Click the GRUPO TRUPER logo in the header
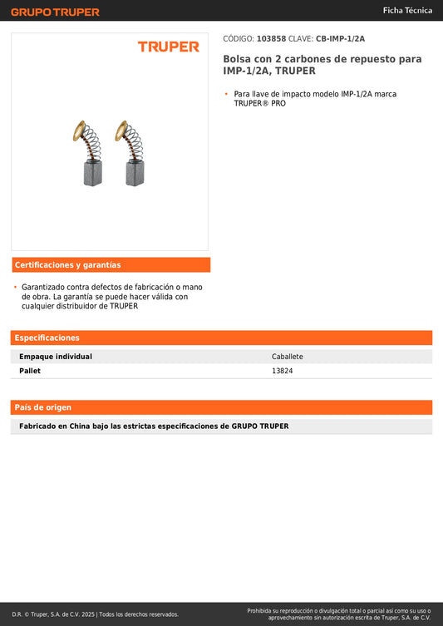pos(55,12)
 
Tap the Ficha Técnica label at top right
pos(407,10)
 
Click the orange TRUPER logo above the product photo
pos(169,47)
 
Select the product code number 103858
pos(271,38)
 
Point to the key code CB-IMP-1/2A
pos(340,38)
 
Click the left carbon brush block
pos(92,174)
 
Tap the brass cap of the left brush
pos(79,131)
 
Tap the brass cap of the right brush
pos(122,131)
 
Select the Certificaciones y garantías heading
pos(68,265)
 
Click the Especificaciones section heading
pos(47,338)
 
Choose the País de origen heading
pos(43,407)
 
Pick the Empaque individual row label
pos(56,357)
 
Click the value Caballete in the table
pos(288,357)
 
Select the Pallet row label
pos(30,371)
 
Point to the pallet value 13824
pos(282,371)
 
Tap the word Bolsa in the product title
pos(237,59)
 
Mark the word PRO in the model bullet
pos(278,104)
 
